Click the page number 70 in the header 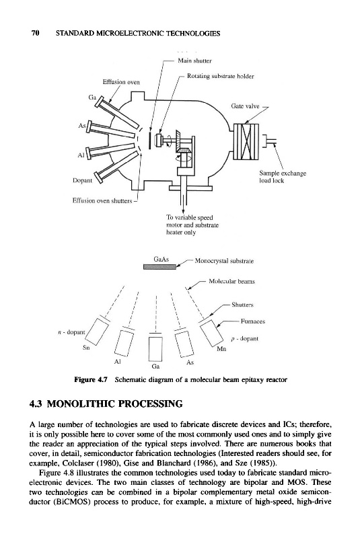point(36,33)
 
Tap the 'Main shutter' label point(194,61)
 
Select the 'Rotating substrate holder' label point(220,76)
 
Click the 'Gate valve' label point(245,106)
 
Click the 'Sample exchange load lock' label point(283,177)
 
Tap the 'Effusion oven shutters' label point(102,200)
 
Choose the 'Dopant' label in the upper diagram point(82,180)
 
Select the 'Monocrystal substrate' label point(224,261)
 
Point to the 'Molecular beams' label point(231,281)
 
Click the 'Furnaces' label point(253,321)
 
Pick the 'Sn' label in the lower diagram point(86,348)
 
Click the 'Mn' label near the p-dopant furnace point(221,349)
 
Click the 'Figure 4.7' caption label point(91,380)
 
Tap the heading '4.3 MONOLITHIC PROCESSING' point(106,403)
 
